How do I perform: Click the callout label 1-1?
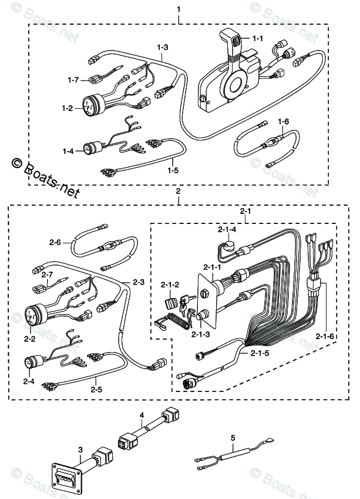[258, 39]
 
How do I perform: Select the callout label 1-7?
[73, 79]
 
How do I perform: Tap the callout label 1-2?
[68, 108]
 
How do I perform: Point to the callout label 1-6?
[284, 122]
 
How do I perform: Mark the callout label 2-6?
[55, 242]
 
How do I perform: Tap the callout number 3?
[80, 450]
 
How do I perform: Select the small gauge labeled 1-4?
[95, 150]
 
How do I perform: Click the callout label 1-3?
[163, 47]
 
